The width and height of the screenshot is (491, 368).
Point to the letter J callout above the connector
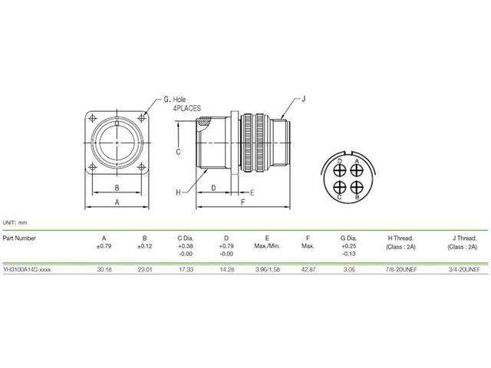coord(303,98)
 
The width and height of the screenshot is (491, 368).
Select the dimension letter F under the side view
coord(242,202)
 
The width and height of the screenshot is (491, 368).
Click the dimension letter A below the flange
coord(117,202)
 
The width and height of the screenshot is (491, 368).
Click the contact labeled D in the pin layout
coord(338,166)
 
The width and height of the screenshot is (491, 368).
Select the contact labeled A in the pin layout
coord(356,166)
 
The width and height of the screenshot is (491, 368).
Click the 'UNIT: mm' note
coord(15,222)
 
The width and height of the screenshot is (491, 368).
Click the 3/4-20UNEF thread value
coord(461,271)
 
